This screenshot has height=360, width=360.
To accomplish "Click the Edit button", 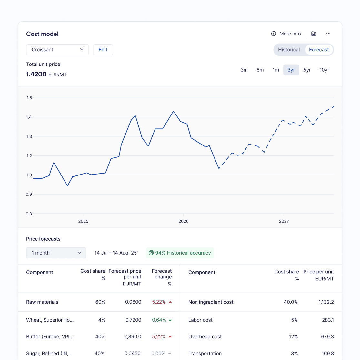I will pos(103,50).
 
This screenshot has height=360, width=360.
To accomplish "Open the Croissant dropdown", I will pos(57,50).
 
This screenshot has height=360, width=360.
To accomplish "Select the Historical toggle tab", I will pos(289,50).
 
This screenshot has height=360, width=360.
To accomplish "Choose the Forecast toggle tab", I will pos(319,50).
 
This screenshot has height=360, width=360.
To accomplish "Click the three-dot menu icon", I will pos(328,34).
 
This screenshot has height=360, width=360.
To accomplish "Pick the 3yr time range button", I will pos(291,70).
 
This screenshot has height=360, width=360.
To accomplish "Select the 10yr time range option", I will pos(324,70).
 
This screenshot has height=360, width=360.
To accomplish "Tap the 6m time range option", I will pos(260,70).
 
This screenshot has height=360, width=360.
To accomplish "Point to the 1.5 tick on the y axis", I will pos(29,98).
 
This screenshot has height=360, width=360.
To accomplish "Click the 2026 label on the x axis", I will pos(184,221).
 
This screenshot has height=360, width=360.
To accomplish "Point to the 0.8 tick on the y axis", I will pos(29,214).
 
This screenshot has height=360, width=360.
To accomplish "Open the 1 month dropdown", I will pos(56,253).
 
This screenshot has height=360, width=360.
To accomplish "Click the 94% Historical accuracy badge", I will pos(180,253).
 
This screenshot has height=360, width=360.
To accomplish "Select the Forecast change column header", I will pos(162,277).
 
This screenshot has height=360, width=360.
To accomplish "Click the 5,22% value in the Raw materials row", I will pos(159,302).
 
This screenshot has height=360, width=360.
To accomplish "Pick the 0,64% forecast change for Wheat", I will pos(159,320).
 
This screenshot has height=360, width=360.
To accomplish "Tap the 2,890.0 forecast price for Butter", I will pos(133,337).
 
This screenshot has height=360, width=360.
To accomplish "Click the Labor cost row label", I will pos(200,320).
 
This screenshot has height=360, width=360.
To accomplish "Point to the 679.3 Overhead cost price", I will pos(327,337).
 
